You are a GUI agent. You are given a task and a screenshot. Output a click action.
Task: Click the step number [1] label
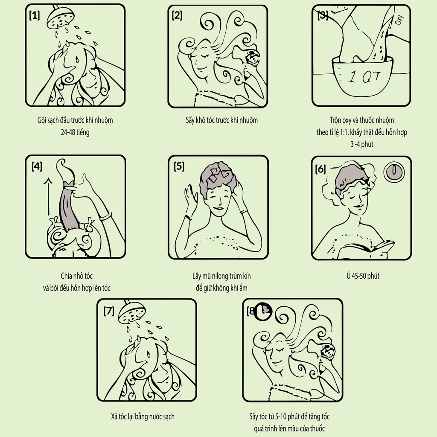[35, 15]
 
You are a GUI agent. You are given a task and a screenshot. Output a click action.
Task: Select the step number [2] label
[177, 15]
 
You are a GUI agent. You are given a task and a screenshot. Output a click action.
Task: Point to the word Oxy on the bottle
[399, 20]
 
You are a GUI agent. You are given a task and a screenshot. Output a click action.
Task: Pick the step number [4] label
[37, 166]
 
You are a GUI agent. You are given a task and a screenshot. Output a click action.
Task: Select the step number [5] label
[179, 166]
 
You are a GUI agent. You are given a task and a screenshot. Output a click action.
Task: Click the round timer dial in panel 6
[394, 171]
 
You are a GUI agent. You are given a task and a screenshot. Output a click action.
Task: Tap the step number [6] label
[320, 169]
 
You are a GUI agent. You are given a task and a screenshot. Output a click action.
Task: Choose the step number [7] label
[109, 311]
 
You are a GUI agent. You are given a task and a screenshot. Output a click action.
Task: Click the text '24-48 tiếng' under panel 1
[75, 132]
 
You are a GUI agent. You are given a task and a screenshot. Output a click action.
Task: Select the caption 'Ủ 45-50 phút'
[363, 276]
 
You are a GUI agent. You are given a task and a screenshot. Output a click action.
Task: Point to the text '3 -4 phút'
[362, 144]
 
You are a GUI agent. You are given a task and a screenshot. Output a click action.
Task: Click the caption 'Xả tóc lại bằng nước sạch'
[143, 417]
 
